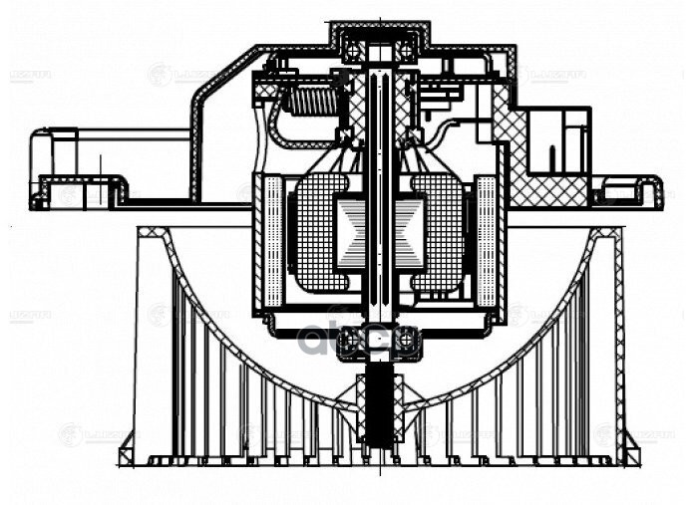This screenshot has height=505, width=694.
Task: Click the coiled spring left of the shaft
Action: (310, 100)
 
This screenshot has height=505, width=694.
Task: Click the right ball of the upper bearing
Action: (407, 47)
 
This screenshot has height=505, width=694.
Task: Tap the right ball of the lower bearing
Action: (408, 342)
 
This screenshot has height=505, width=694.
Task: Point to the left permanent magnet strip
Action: (271, 239)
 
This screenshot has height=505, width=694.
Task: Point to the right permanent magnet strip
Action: (488, 239)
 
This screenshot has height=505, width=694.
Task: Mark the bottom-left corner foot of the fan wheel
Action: (128, 455)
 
